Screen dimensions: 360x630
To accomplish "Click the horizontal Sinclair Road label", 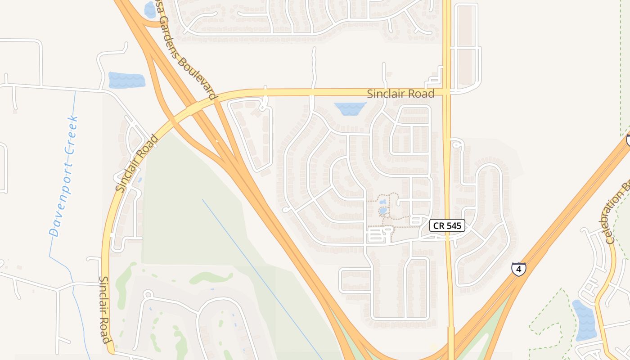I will click(x=400, y=94).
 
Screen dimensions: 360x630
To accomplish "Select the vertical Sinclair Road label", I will click(x=104, y=310).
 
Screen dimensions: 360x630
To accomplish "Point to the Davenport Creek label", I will click(x=64, y=176).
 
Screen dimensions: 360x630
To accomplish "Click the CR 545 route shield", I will click(x=447, y=225).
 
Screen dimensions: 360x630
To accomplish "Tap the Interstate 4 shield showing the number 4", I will click(x=518, y=269).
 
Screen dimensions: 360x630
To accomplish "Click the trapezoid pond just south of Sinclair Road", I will click(x=350, y=108).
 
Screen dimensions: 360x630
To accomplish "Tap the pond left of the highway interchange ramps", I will click(x=126, y=80).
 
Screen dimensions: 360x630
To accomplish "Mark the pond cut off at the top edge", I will click(x=149, y=9).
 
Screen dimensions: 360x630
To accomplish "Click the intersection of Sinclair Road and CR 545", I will click(x=446, y=92).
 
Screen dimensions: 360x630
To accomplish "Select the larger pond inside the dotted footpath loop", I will click(x=383, y=210).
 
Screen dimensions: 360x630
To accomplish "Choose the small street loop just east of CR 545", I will click(x=457, y=144).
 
